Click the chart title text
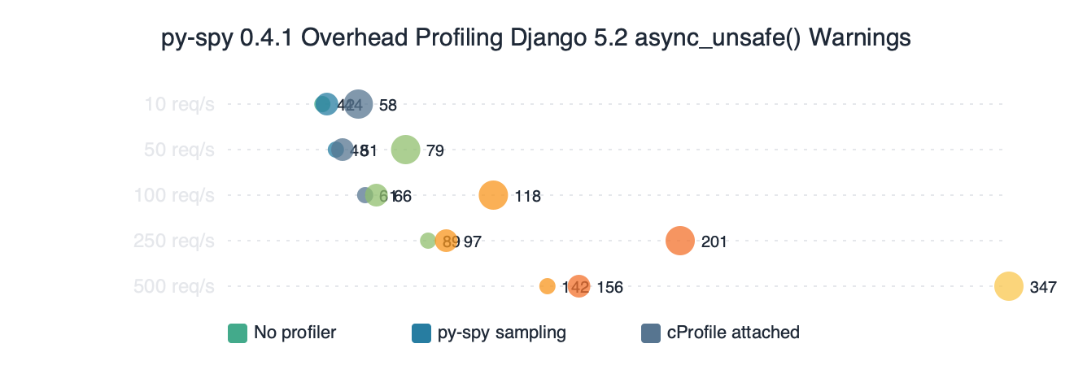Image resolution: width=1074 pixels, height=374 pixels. [x=536, y=38]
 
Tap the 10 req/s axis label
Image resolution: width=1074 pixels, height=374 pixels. [x=179, y=104]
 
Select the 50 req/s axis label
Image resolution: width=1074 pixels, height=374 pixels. [x=179, y=150]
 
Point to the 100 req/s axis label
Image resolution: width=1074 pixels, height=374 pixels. [x=175, y=195]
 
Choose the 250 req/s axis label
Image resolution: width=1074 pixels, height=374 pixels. [x=175, y=241]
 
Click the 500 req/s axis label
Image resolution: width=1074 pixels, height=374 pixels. [x=175, y=286]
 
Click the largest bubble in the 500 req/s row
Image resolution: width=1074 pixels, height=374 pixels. [x=1008, y=286]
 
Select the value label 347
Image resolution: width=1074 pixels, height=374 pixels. [x=1043, y=287]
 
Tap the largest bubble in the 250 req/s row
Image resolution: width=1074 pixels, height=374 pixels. [x=679, y=241]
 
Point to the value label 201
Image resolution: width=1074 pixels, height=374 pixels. [x=714, y=241]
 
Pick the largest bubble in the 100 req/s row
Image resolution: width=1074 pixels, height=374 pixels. [x=493, y=195]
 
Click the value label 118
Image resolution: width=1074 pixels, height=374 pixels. [x=527, y=196]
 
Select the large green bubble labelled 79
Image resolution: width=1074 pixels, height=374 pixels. [x=405, y=150]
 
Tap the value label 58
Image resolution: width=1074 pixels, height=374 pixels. [x=387, y=105]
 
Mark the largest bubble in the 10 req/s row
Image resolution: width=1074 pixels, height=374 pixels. [x=358, y=104]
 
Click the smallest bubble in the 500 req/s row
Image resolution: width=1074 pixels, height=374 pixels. [x=547, y=286]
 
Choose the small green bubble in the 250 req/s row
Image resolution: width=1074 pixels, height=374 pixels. [x=427, y=241]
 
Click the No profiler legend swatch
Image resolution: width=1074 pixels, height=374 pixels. [x=238, y=333]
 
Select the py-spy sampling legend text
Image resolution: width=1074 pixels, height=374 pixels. [x=501, y=333]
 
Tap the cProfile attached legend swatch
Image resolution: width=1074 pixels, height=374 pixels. [x=651, y=333]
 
